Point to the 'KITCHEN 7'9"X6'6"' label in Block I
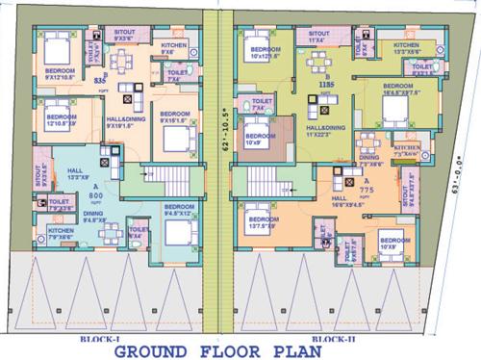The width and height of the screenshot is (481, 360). click(62, 234)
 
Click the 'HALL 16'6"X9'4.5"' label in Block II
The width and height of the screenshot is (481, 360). click(349, 202)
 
